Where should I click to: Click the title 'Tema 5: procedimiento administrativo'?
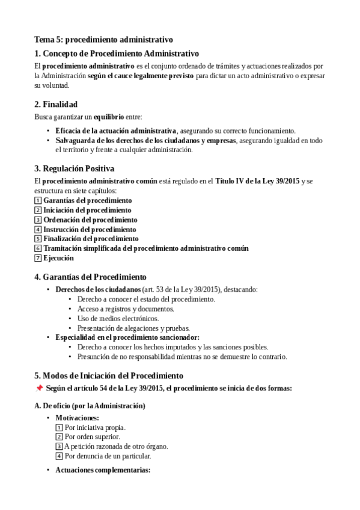(103, 40)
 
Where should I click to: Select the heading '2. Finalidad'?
(56, 104)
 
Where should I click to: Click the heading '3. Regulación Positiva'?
(74, 168)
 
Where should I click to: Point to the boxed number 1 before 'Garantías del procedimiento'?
(38, 200)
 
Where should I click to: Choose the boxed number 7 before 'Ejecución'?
(38, 258)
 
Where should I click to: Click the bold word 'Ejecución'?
(58, 258)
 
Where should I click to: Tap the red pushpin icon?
(39, 389)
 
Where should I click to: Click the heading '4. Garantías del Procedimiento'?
(90, 277)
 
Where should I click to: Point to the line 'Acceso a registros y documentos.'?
(126, 309)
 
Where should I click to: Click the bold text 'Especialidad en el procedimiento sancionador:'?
(127, 337)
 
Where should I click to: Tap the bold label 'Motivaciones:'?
(78, 418)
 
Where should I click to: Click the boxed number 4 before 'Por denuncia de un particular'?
(59, 456)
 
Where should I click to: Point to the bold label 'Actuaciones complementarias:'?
(103, 470)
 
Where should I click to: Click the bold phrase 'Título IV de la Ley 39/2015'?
(257, 181)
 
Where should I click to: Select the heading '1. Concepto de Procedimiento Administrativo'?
(117, 54)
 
